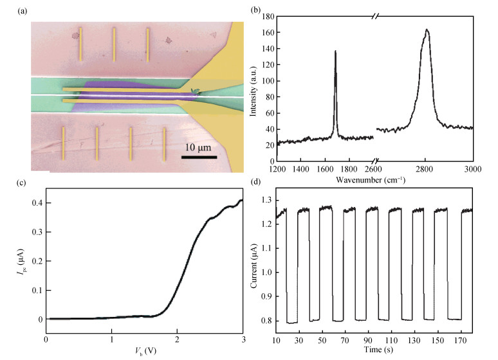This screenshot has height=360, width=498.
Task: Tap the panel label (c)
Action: pyautogui.click(x=9, y=183)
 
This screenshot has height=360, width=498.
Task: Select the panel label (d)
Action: pyautogui.click(x=256, y=183)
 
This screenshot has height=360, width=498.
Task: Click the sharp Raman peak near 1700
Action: pyautogui.click(x=335, y=51)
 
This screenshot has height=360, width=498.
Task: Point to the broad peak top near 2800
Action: pyautogui.click(x=426, y=30)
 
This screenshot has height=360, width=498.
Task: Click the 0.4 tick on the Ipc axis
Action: pyautogui.click(x=36, y=203)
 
